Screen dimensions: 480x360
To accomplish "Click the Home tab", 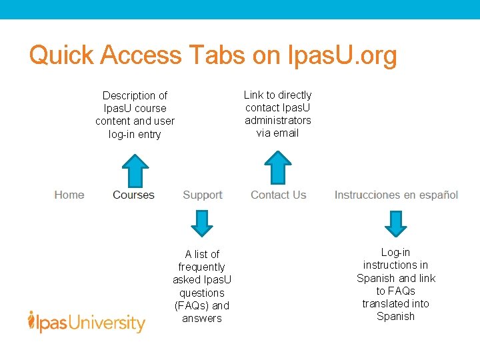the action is tap(69, 195).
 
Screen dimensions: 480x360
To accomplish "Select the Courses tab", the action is tap(133, 195).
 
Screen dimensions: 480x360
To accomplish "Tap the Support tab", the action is tap(202, 195).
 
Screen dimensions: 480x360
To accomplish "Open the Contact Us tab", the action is tap(278, 195).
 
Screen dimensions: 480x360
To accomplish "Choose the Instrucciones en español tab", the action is tap(396, 195).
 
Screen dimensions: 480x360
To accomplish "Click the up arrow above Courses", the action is tap(136, 170).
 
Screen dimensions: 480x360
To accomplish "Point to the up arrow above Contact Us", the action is tap(278, 167).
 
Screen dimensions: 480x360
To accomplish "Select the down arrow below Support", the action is tap(201, 223).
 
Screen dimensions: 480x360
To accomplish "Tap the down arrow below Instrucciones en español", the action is tap(396, 223).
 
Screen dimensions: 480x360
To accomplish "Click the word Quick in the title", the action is tap(62, 55).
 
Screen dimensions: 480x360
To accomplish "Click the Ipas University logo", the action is tap(87, 323).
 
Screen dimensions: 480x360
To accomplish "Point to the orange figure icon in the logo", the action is tap(31, 321).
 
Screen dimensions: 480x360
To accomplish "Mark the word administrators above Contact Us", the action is tap(278, 120).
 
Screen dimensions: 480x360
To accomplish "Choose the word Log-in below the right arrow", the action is tap(395, 252).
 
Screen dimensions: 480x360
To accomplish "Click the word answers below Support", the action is tap(201, 318).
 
